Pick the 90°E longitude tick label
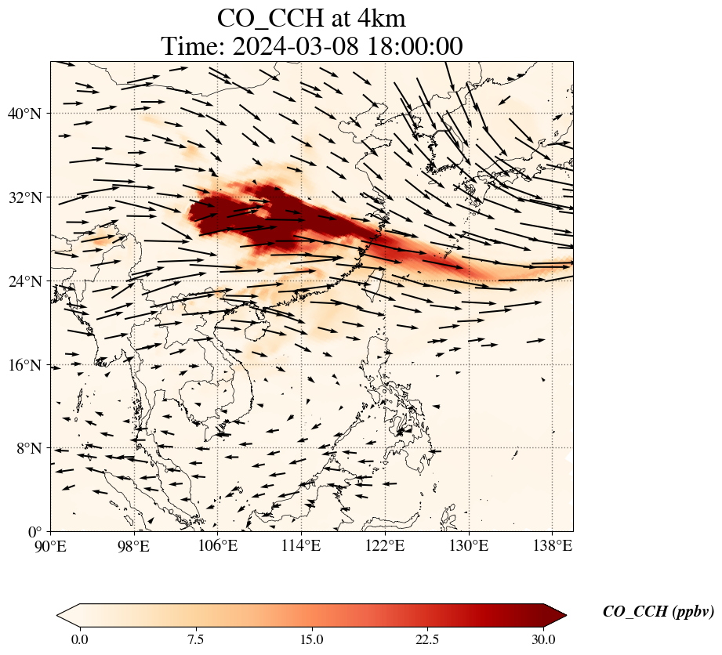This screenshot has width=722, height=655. (51, 545)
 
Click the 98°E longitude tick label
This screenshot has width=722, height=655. (134, 545)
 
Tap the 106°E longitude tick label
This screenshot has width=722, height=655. (217, 545)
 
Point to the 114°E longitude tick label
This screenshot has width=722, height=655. (301, 545)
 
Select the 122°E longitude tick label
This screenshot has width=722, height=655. (385, 545)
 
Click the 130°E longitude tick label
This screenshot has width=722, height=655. (469, 545)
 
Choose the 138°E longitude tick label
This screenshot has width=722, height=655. (552, 545)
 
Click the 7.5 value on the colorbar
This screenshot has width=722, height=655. (195, 639)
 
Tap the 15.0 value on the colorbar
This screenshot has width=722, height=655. (311, 639)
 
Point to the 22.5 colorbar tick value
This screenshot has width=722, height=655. (427, 639)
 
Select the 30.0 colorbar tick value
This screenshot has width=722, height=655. (543, 639)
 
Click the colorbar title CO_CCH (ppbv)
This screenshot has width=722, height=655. (658, 612)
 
